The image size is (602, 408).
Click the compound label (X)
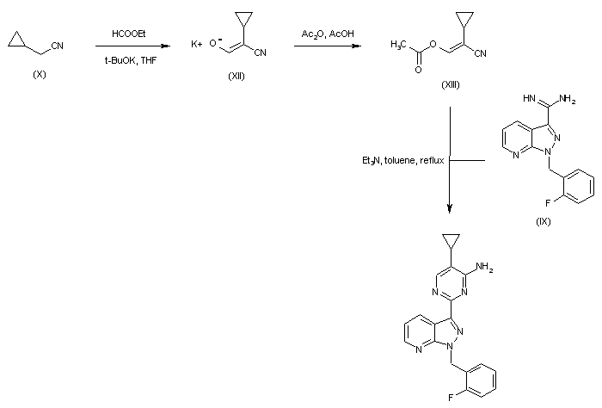pos(40,75)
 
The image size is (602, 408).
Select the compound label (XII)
pos(236,76)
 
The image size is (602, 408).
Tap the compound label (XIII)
pos(450,84)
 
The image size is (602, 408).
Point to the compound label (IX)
pos(543,221)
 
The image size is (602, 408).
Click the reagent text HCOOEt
pos(129,34)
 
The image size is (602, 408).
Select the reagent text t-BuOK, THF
pos(131,60)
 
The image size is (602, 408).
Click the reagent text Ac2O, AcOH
pos(328,34)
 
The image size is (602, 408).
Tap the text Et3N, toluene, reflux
pos(402,160)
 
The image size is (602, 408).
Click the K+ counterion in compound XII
pos(197,44)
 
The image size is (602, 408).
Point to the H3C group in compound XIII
pos(398,45)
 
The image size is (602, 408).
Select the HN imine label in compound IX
pos(529,98)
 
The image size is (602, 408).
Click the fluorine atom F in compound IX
pos(548,203)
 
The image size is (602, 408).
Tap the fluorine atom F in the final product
pos(451,398)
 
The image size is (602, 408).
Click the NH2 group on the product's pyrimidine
pos(484,267)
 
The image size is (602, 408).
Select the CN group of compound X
pos(58,46)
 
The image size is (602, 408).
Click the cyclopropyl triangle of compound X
pos(16,40)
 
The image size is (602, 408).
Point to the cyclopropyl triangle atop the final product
pos(451,240)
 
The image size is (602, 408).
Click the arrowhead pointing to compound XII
pos(165,46)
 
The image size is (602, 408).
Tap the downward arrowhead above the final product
pos(450,207)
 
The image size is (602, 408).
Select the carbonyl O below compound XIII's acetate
pos(418,70)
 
